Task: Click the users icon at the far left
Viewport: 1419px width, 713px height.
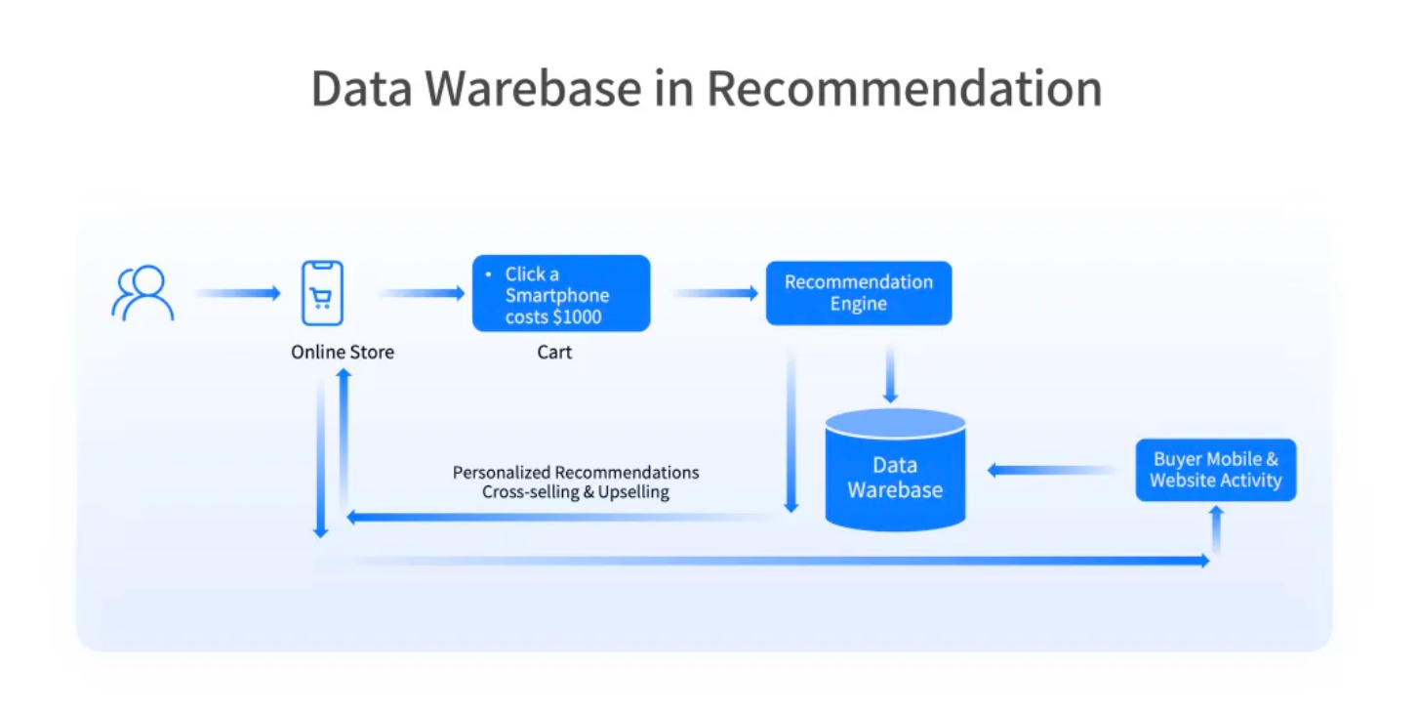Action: tap(142, 293)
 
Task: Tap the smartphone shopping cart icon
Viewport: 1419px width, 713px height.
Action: tap(322, 293)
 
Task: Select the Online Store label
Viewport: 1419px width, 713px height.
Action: tap(343, 352)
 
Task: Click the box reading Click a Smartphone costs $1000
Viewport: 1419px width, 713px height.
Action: tap(561, 294)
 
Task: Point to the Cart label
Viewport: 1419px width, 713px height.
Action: tap(554, 352)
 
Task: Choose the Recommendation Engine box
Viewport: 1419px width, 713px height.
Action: tap(859, 293)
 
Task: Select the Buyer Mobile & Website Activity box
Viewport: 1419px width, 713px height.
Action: tap(1215, 470)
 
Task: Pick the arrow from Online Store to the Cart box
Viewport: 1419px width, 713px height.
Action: tap(422, 293)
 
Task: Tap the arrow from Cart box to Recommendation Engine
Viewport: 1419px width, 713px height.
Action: tap(714, 293)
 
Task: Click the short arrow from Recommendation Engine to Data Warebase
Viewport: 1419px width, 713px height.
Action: tap(890, 375)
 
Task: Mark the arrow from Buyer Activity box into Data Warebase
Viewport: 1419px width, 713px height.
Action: tap(1052, 471)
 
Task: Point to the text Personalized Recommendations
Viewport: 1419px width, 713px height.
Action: tap(576, 473)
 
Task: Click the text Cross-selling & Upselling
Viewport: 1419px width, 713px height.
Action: tap(576, 492)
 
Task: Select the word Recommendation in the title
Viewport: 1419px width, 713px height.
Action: tap(904, 89)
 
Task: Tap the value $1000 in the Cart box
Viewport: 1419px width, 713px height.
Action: tap(577, 317)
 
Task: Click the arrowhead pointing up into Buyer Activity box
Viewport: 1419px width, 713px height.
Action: tap(1216, 512)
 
